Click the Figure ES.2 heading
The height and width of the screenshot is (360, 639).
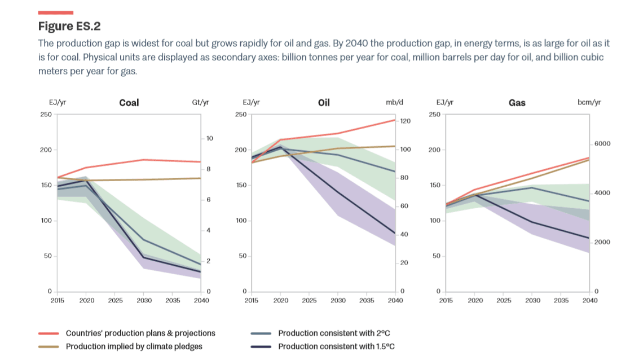[x=69, y=26]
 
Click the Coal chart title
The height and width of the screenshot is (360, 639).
[x=129, y=103]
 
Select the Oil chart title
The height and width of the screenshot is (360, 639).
[x=324, y=103]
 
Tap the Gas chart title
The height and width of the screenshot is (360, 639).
[x=517, y=103]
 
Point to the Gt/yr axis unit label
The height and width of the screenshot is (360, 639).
[x=200, y=103]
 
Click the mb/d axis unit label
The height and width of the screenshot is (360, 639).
[x=395, y=103]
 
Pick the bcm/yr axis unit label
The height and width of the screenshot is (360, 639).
[x=589, y=103]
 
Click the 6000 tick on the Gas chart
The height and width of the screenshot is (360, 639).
[x=602, y=144]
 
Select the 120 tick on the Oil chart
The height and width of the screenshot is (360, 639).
[x=405, y=121]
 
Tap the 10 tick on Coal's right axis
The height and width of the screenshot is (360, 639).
[x=209, y=138]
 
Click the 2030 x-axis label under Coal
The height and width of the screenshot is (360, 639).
[x=144, y=300]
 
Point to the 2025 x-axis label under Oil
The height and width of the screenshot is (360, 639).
[x=309, y=300]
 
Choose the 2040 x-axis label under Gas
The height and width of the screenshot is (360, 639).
[x=590, y=300]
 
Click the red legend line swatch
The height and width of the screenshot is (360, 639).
[x=49, y=333]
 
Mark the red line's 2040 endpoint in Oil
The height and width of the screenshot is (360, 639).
[x=395, y=120]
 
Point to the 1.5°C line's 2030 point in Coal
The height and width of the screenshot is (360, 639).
[x=144, y=257]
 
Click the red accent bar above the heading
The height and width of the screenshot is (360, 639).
[x=55, y=12]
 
